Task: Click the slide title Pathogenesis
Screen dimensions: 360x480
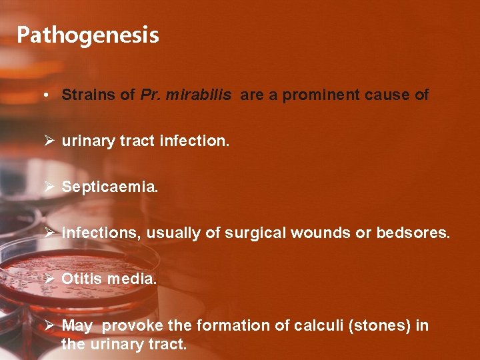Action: click(88, 35)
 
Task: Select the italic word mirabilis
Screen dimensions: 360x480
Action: click(199, 95)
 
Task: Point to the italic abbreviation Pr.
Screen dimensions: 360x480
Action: click(150, 95)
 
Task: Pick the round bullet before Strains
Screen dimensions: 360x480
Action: click(43, 95)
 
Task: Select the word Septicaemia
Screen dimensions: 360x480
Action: click(110, 187)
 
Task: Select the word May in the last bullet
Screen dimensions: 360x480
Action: click(77, 326)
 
